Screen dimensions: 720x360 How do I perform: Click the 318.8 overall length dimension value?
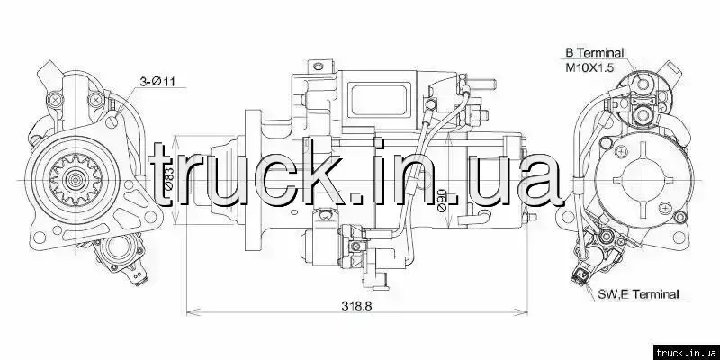pyautogui.click(x=355, y=305)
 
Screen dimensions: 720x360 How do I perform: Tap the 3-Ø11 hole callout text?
pyautogui.click(x=157, y=81)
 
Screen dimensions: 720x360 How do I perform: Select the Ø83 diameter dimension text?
pyautogui.click(x=168, y=179)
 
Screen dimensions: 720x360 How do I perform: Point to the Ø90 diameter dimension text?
pyautogui.click(x=441, y=200)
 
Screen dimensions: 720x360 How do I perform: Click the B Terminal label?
pyautogui.click(x=595, y=53)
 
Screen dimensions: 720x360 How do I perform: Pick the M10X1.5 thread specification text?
pyautogui.click(x=589, y=68)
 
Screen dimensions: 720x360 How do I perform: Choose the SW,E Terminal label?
pyautogui.click(x=638, y=294)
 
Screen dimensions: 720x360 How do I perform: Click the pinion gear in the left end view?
pyautogui.click(x=75, y=179)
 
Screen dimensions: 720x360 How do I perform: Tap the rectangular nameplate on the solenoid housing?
pyautogui.click(x=379, y=101)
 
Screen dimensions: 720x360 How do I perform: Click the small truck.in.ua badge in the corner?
pyautogui.click(x=686, y=352)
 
